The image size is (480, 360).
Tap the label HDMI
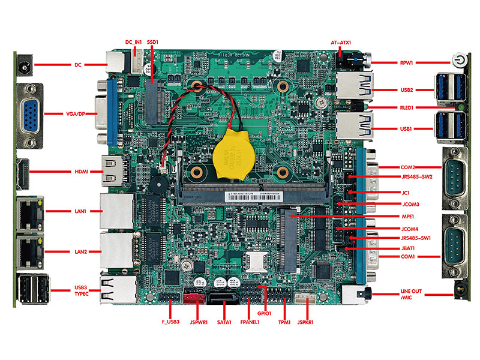point(82,172)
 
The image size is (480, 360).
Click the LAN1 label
point(82,211)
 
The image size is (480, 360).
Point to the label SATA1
point(223,323)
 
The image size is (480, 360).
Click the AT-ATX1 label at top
point(341,43)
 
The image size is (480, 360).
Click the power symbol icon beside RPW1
point(457,62)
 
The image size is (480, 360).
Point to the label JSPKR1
point(307,323)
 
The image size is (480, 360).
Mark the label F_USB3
point(170,323)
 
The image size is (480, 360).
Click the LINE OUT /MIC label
point(412,295)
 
